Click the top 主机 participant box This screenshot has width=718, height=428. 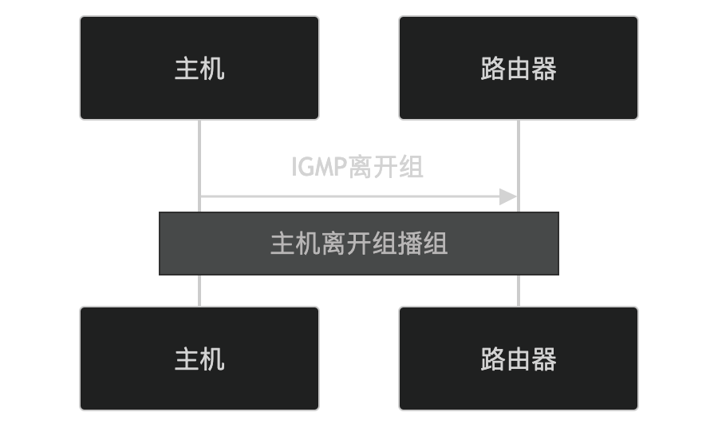tap(199, 68)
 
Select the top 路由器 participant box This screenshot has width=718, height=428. tap(519, 68)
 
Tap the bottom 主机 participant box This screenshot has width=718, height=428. tap(199, 359)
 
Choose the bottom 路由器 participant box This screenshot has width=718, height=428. tap(519, 359)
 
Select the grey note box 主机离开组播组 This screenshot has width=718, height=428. tap(359, 244)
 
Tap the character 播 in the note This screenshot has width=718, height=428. tap(410, 244)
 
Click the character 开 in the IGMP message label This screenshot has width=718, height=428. tap(386, 167)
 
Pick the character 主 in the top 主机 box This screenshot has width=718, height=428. tap(187, 69)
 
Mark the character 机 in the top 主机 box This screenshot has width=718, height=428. tap(212, 69)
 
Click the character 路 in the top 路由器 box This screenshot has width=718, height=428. tap(493, 69)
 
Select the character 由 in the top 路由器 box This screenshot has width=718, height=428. tap(519, 69)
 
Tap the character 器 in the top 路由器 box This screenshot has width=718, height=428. tap(544, 69)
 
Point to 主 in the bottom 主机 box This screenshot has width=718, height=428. tap(187, 359)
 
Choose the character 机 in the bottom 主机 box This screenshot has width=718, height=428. tap(212, 359)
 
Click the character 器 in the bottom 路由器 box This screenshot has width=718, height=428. tap(544, 359)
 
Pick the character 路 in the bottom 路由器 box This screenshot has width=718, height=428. tap(493, 359)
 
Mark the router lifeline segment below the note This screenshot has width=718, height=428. tap(519, 291)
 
